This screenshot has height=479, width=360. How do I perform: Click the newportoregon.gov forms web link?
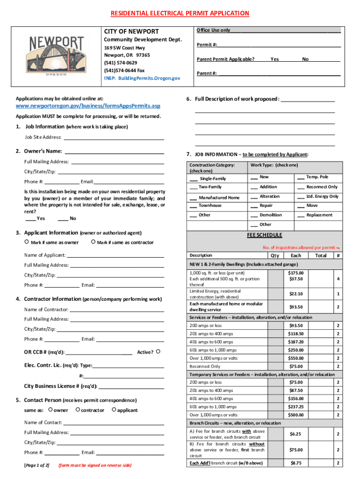88,106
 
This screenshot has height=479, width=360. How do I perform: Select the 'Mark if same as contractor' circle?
94,242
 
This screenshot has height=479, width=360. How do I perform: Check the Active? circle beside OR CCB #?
158,351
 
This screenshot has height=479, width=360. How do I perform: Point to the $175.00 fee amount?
295,273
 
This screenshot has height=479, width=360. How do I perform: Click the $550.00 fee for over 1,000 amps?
295,358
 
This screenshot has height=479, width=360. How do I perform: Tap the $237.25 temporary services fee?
295,407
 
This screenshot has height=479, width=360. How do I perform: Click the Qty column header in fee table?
275,256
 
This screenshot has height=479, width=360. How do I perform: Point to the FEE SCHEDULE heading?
264,235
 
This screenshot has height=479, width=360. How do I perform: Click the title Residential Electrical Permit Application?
180,14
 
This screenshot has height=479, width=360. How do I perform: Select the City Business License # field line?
131,386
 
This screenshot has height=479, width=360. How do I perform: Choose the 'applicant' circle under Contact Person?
114,410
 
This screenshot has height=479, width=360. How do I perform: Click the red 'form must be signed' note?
94,465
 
